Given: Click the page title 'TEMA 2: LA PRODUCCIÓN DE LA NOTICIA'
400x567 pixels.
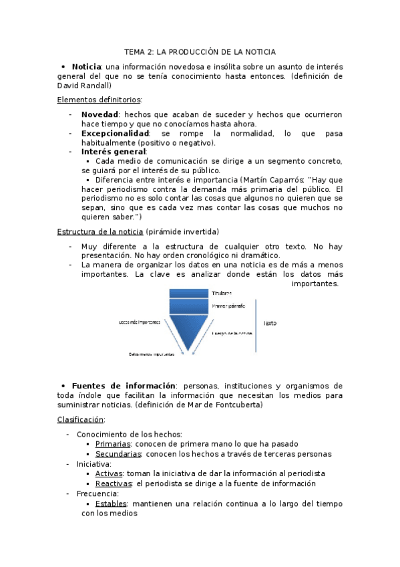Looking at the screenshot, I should tap(200, 51).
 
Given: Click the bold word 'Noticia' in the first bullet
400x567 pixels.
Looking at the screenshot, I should tap(85, 66).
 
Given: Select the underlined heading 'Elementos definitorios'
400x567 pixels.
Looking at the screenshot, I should tap(99, 99).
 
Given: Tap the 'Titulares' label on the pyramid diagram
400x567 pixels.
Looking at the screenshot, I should tap(222, 293).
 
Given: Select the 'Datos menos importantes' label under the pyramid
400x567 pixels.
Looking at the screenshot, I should tap(152, 354).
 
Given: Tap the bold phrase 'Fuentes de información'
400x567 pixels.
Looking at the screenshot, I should tap(124, 386).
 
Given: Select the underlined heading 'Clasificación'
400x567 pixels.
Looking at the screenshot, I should tap(80, 419).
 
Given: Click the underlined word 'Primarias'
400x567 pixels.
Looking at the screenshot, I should tap(113, 443).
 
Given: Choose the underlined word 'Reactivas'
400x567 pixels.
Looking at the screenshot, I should tap(114, 483).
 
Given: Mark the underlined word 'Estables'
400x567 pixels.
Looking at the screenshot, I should tap(111, 503).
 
